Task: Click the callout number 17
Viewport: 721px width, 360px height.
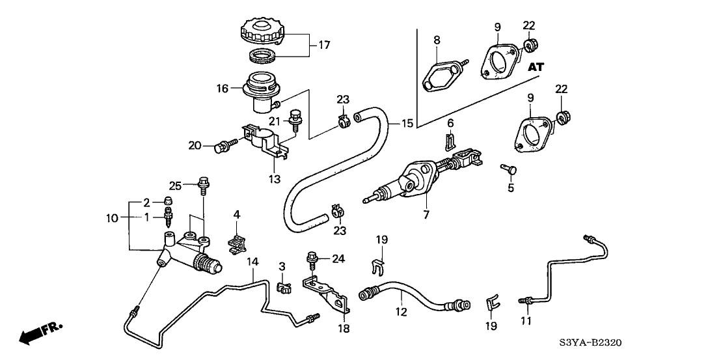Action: (324, 46)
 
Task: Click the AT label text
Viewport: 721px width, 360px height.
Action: (536, 66)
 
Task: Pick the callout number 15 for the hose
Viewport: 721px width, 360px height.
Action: (407, 123)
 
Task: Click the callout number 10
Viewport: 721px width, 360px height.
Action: (112, 218)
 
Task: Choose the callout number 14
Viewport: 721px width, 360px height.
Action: (253, 262)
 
